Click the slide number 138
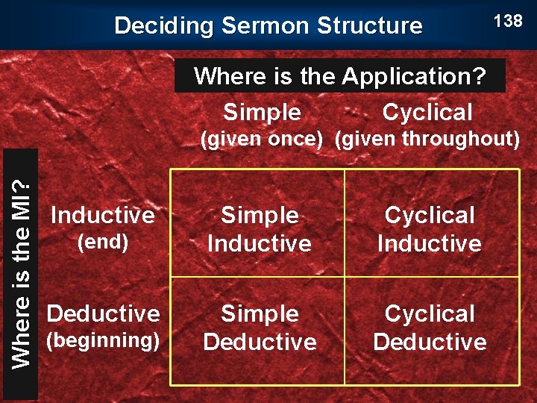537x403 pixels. (508, 21)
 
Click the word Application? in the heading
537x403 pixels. (414, 76)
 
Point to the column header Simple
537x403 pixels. (263, 113)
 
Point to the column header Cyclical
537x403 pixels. (427, 113)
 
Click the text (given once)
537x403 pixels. (265, 139)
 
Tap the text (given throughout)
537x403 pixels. (427, 139)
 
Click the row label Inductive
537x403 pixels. (102, 216)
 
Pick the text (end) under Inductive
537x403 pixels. (103, 242)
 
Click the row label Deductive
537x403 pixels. (103, 313)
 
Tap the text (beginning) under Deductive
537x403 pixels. (103, 340)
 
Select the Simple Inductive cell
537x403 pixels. (260, 229)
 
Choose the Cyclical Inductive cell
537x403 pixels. (430, 229)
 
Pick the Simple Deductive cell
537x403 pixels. (260, 328)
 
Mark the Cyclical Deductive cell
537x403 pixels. (430, 328)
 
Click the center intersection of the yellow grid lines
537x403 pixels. (345, 277)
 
